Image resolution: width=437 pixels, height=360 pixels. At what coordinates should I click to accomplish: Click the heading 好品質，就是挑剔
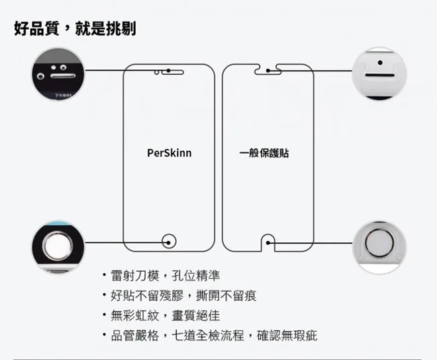click(75, 28)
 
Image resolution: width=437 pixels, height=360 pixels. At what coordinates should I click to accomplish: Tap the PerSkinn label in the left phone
click(169, 153)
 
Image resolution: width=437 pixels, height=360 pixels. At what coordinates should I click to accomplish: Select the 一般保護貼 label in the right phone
click(264, 153)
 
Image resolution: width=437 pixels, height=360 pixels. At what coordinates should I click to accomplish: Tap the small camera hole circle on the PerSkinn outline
click(157, 73)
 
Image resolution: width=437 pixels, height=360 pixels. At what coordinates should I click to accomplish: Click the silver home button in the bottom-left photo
click(58, 246)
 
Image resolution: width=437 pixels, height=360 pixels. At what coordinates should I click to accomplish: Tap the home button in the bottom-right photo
click(379, 243)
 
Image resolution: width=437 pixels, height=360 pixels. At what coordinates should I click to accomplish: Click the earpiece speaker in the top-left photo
click(63, 76)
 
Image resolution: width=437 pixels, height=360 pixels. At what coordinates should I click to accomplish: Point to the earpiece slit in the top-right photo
click(380, 75)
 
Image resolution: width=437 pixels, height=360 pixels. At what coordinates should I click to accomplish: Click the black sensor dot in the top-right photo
click(380, 63)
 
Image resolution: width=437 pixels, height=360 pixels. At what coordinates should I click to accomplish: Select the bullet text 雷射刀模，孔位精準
click(165, 276)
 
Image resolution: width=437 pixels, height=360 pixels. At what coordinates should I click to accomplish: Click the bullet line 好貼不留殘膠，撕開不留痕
click(184, 295)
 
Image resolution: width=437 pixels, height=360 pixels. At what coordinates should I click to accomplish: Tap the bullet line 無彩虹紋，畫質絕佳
click(165, 316)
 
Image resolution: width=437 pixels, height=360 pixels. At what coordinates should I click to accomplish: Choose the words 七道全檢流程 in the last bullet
click(208, 336)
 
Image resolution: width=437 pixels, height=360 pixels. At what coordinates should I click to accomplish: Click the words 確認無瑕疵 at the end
click(287, 336)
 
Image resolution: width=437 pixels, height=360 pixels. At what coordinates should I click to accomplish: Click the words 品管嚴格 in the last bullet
click(135, 336)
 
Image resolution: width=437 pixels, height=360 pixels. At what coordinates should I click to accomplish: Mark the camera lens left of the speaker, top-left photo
click(41, 76)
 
